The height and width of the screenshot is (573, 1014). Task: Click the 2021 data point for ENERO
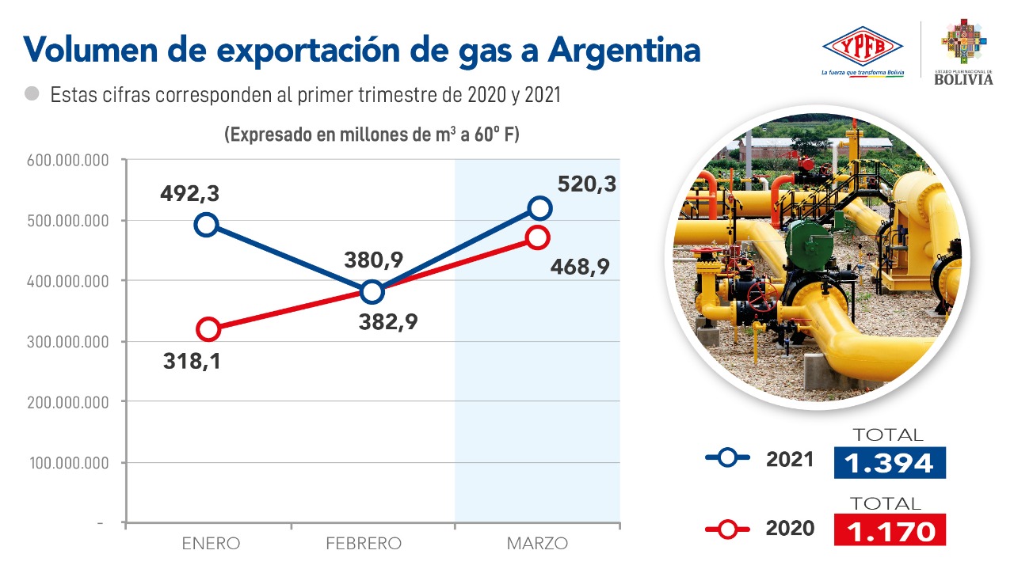pyautogui.click(x=206, y=225)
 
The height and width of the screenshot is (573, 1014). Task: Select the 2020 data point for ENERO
pyautogui.click(x=208, y=329)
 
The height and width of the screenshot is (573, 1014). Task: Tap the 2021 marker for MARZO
pyautogui.click(x=539, y=208)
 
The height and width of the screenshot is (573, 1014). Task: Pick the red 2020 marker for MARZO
pyautogui.click(x=538, y=237)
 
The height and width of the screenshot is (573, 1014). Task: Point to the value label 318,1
pyautogui.click(x=193, y=362)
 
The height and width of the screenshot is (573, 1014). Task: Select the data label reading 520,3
pyautogui.click(x=586, y=184)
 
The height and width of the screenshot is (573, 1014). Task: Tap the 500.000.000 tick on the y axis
pyautogui.click(x=69, y=221)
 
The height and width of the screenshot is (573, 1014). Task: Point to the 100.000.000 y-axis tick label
pyautogui.click(x=69, y=462)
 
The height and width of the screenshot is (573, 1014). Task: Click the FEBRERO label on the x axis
pyautogui.click(x=364, y=544)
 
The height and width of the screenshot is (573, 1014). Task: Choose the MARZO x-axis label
pyautogui.click(x=537, y=544)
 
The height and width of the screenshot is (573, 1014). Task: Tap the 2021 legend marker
pyautogui.click(x=726, y=457)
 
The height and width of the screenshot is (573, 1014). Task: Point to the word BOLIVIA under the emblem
pyautogui.click(x=963, y=79)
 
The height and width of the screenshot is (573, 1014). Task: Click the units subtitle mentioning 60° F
pyautogui.click(x=372, y=135)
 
